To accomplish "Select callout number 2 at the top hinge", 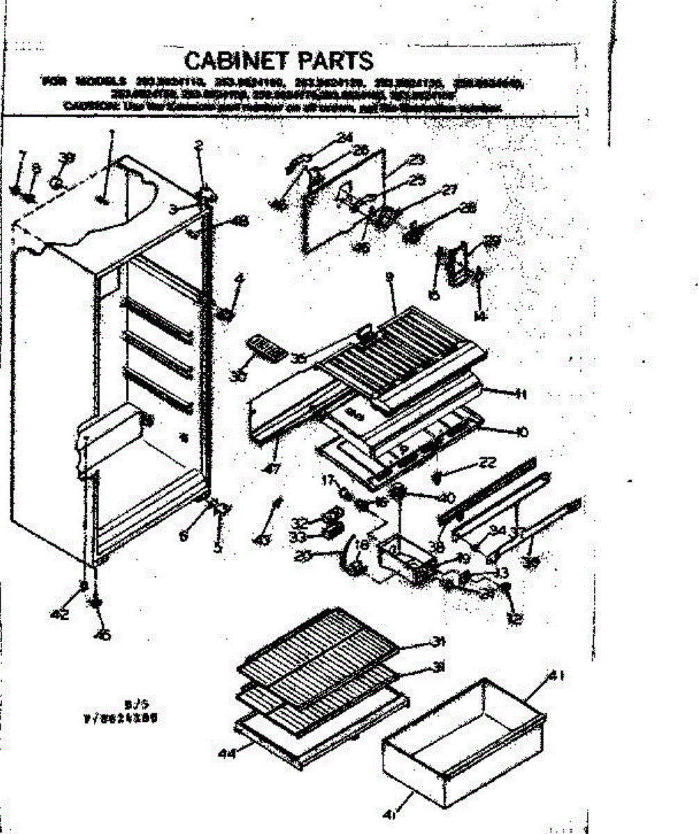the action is click(199, 145).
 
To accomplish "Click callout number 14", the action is click(479, 315).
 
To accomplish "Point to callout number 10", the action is click(519, 432).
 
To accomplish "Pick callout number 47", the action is click(273, 468).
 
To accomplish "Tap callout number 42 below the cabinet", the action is click(61, 614).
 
